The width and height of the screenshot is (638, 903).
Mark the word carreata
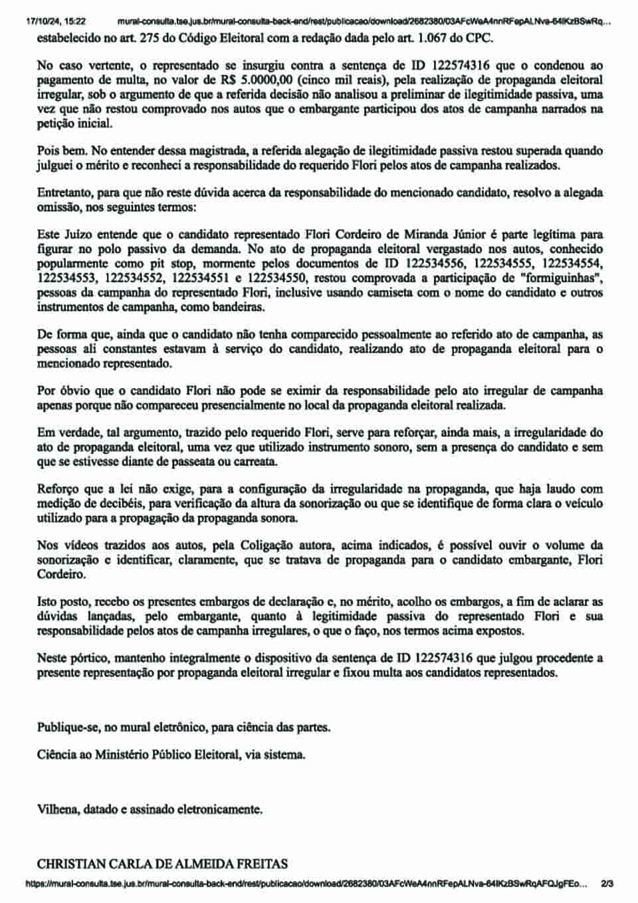pos(255,462)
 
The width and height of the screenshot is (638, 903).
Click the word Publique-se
pos(68,727)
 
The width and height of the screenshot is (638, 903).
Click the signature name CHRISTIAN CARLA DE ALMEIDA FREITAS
pos(162,864)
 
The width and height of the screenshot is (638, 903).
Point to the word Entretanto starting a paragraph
pos(64,193)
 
